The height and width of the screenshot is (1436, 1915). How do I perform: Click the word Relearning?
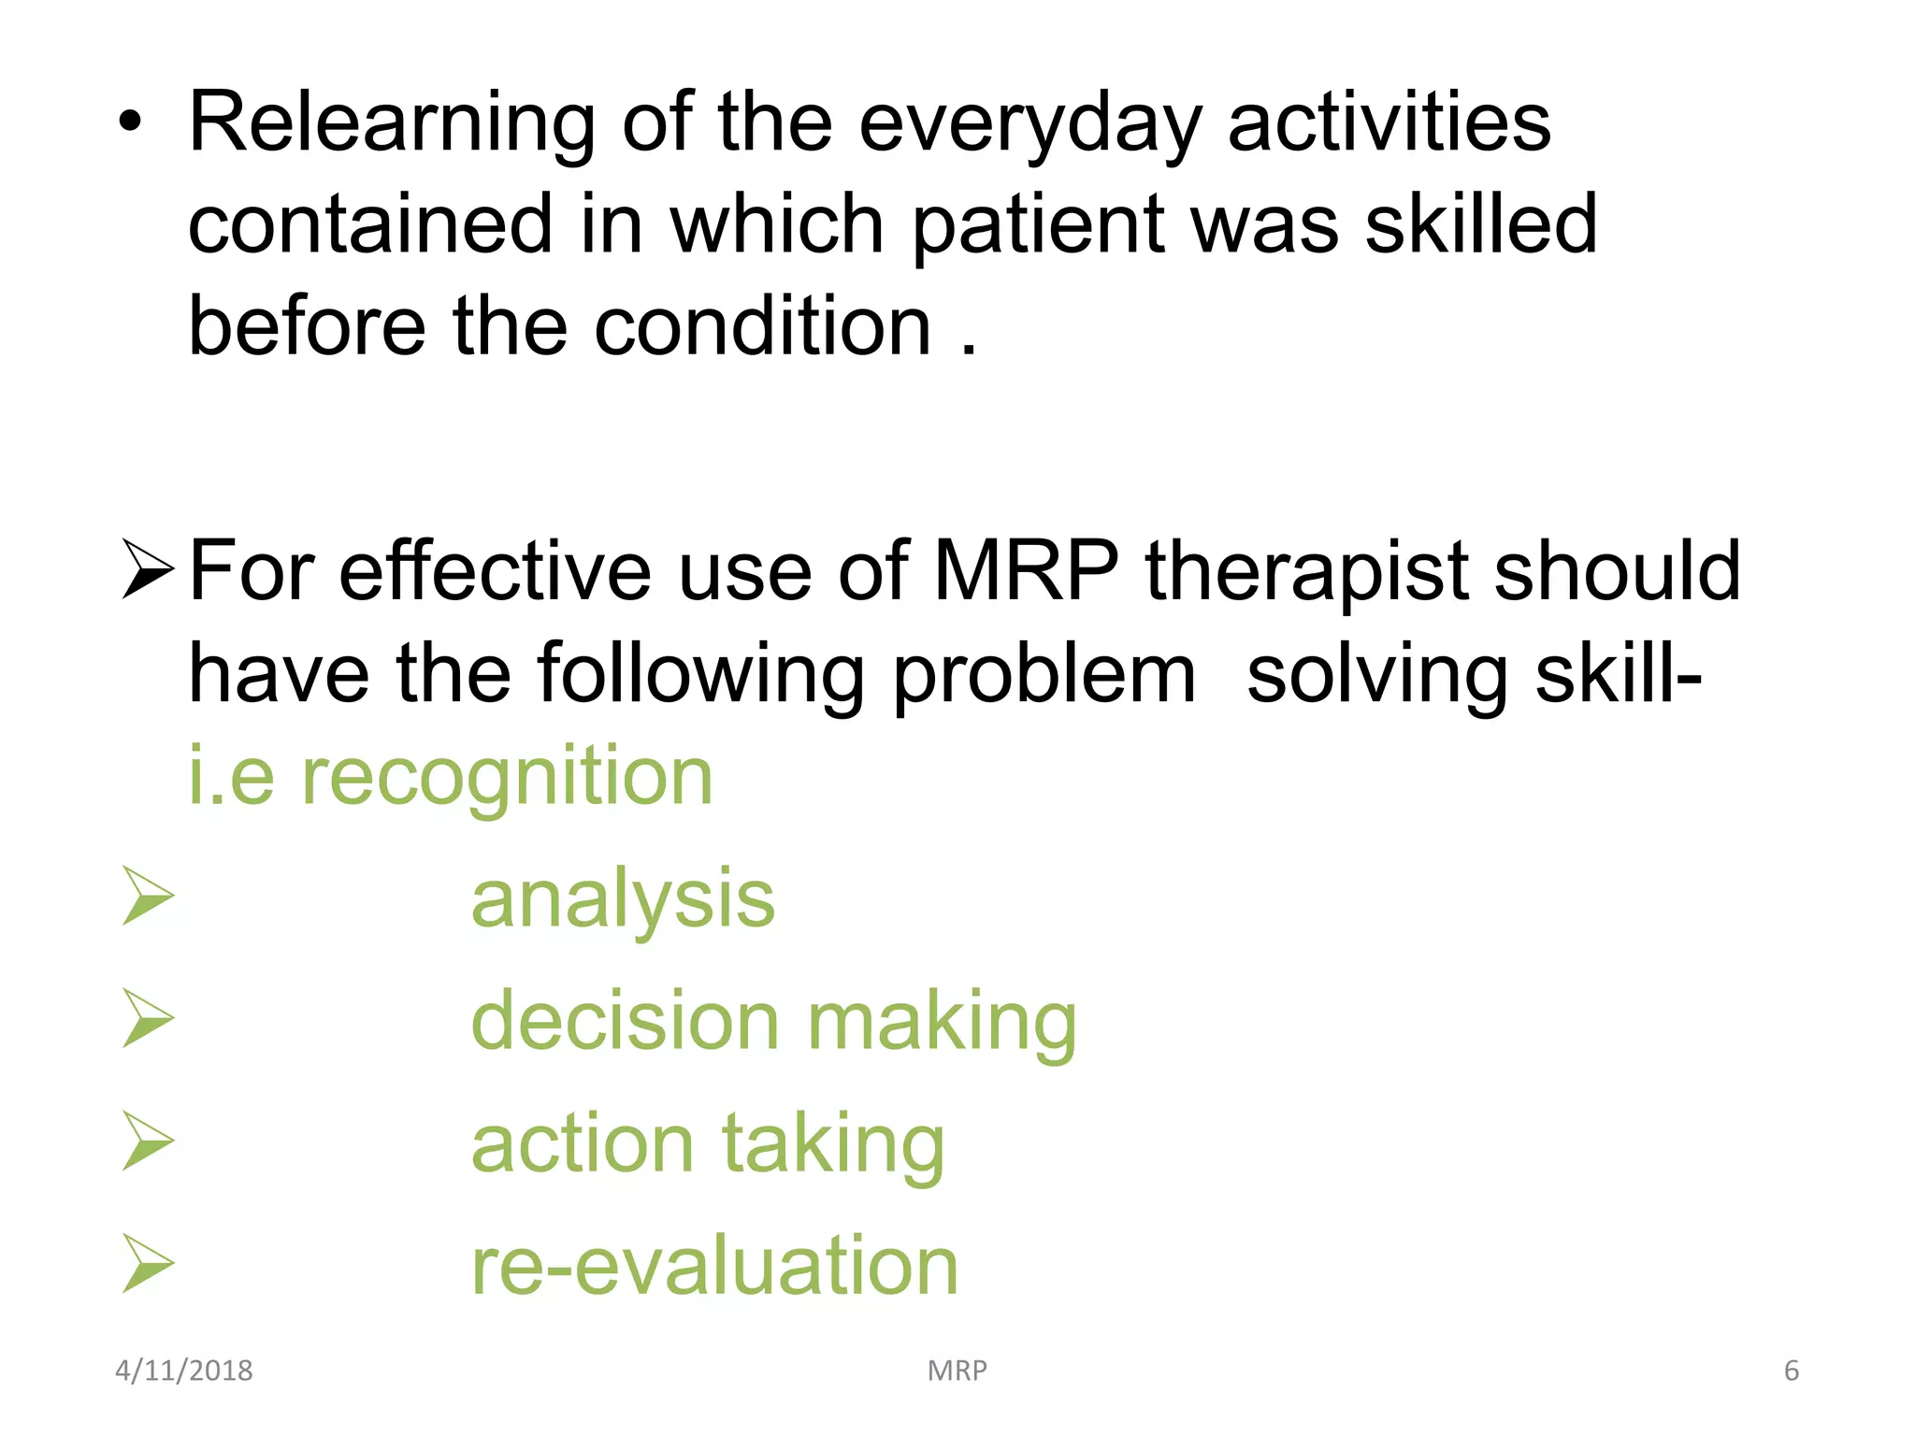(392, 123)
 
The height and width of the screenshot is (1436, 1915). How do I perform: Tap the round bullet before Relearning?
(131, 123)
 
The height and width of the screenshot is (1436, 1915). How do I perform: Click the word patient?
(1038, 225)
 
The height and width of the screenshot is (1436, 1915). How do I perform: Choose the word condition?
(762, 326)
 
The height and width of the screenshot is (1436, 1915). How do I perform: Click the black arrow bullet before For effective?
(148, 571)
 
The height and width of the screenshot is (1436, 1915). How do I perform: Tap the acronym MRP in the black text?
(1026, 571)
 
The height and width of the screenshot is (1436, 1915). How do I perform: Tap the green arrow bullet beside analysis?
(148, 897)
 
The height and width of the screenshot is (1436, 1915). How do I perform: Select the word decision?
(625, 1021)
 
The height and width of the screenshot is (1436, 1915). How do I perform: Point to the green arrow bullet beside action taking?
(148, 1142)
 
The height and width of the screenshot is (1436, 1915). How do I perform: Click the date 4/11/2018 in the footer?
(184, 1371)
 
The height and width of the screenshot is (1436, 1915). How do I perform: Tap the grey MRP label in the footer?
(957, 1371)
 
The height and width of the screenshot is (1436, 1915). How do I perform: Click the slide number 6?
(1791, 1371)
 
